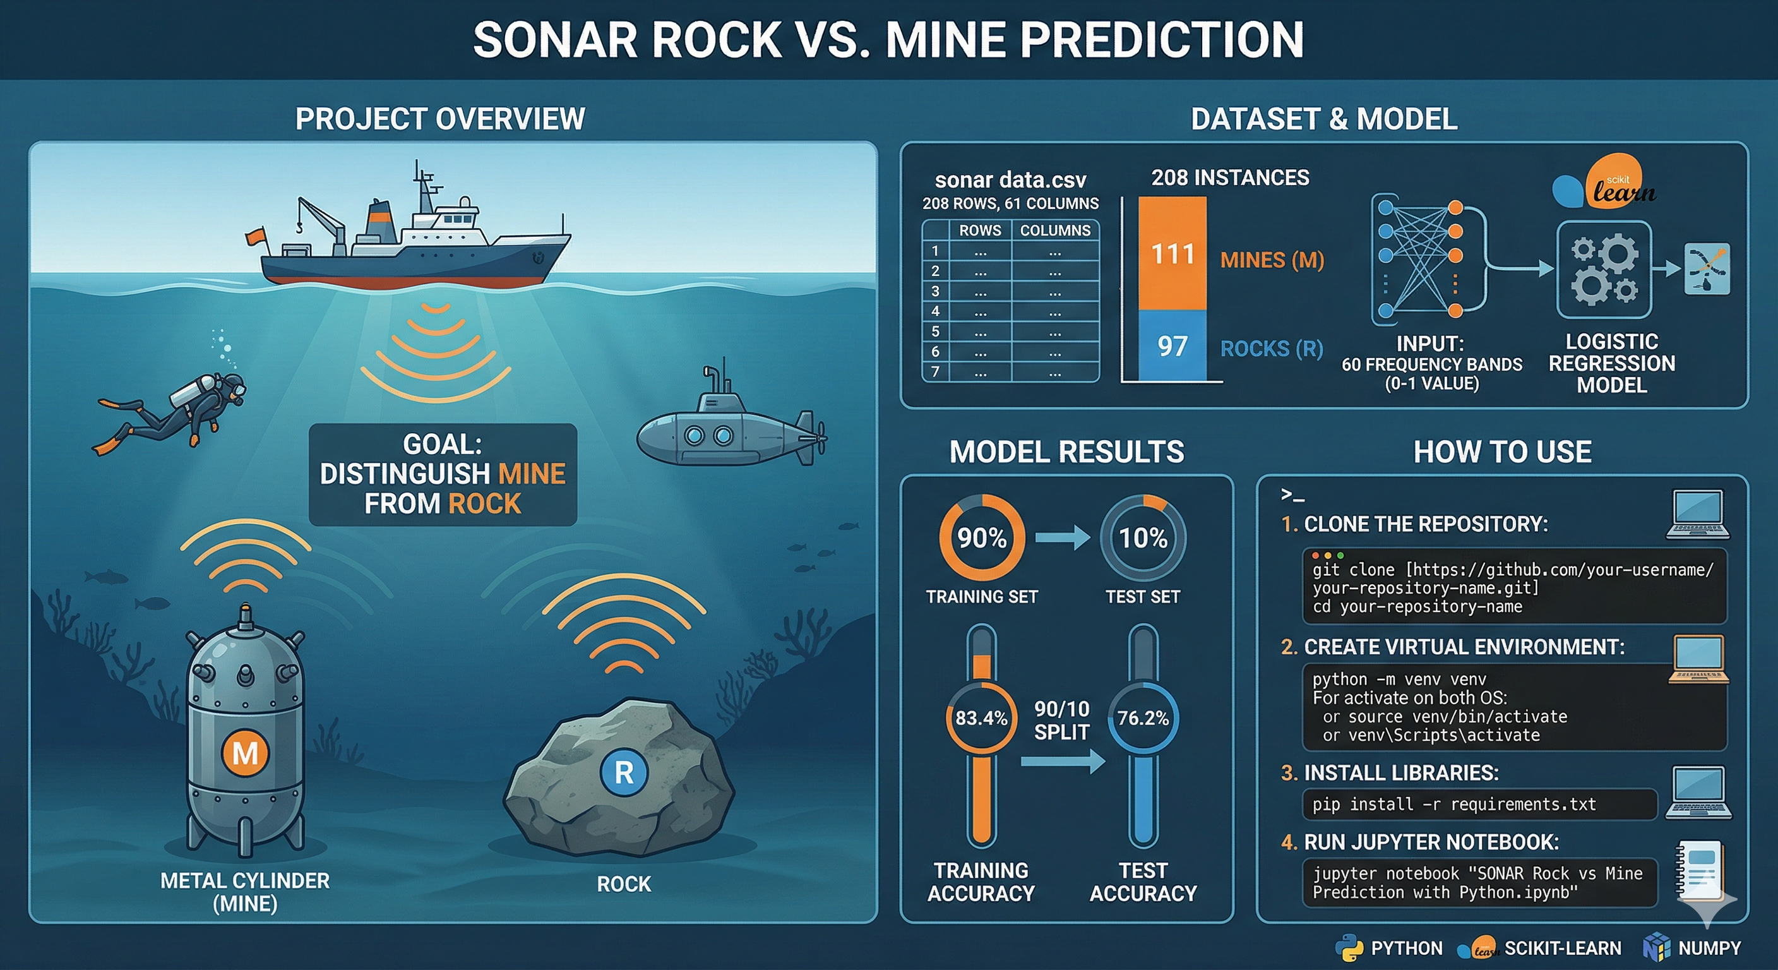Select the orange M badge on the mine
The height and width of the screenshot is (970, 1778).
[x=245, y=753]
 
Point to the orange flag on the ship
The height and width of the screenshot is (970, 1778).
[x=255, y=236]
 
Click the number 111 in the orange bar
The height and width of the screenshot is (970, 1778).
[x=1172, y=254]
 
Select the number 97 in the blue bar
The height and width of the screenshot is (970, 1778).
[x=1172, y=346]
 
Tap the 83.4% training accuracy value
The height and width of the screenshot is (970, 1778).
[x=981, y=718]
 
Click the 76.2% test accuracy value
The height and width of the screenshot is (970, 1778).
[x=1143, y=718]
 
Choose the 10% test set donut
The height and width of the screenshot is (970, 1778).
[x=1143, y=538]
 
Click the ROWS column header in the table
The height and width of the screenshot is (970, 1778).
[x=979, y=231]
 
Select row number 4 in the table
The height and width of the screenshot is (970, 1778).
[x=935, y=311]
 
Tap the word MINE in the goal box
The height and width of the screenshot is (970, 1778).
[x=532, y=474]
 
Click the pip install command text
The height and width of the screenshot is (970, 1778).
[x=1453, y=805]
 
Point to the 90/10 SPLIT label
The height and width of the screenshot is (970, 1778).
[x=1061, y=720]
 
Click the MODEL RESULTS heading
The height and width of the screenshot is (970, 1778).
[x=1066, y=452]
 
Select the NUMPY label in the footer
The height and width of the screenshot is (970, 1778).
[x=1709, y=948]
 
